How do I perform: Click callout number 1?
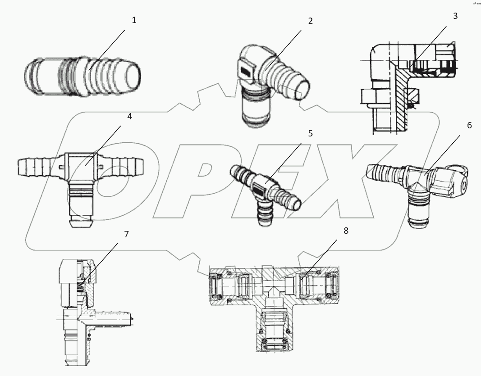pyautogui.click(x=134, y=20)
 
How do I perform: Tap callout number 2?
pyautogui.click(x=310, y=21)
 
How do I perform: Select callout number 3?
pyautogui.click(x=455, y=16)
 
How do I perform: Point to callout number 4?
pyautogui.click(x=129, y=116)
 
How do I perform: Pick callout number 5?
pyautogui.click(x=310, y=134)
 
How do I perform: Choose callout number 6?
pyautogui.click(x=469, y=125)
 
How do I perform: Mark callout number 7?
pyautogui.click(x=126, y=234)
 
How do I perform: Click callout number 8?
pyautogui.click(x=346, y=231)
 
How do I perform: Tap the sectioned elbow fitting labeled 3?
pyautogui.click(x=397, y=86)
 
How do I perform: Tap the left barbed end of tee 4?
pyautogui.click(x=36, y=167)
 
